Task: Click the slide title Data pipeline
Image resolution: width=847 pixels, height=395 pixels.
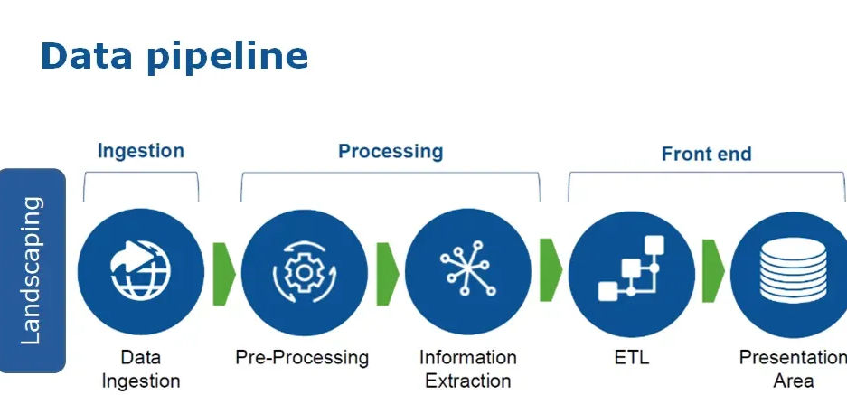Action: (x=174, y=56)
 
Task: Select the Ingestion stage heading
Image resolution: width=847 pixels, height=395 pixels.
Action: (x=140, y=151)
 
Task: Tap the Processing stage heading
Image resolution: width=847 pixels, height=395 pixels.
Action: (x=391, y=151)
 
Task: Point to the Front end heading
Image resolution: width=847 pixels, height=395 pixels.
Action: (x=706, y=154)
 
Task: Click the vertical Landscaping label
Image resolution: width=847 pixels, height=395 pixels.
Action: (x=32, y=270)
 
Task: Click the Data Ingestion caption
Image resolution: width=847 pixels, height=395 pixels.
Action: (x=141, y=369)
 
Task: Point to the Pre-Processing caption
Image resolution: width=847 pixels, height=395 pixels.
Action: (x=302, y=358)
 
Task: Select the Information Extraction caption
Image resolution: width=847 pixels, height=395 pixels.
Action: (x=468, y=369)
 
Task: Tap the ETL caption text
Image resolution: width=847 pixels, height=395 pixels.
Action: (x=632, y=358)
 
